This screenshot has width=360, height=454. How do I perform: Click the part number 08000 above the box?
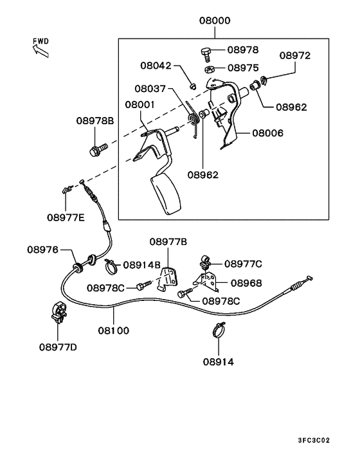(x=215, y=21)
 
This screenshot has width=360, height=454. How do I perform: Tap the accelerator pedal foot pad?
(x=166, y=195)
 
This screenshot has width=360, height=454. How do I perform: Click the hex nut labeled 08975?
(x=209, y=70)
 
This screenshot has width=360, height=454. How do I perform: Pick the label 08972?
(x=295, y=55)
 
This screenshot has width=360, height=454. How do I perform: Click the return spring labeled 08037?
(x=194, y=120)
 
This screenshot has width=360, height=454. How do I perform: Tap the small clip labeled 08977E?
(x=67, y=190)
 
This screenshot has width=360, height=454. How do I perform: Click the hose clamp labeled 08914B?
(x=112, y=266)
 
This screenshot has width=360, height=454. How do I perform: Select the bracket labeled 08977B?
(x=168, y=278)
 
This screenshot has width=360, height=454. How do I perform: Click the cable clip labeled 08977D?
(x=59, y=313)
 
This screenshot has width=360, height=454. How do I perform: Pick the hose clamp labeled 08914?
(x=218, y=330)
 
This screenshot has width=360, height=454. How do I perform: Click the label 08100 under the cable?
(x=113, y=331)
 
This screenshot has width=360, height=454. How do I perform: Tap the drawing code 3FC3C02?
(x=314, y=440)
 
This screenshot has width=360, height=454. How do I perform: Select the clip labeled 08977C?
(x=205, y=262)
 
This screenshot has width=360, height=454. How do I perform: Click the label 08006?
(x=267, y=133)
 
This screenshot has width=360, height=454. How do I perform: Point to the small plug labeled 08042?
(x=192, y=86)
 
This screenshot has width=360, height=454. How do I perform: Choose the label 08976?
(x=43, y=250)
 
